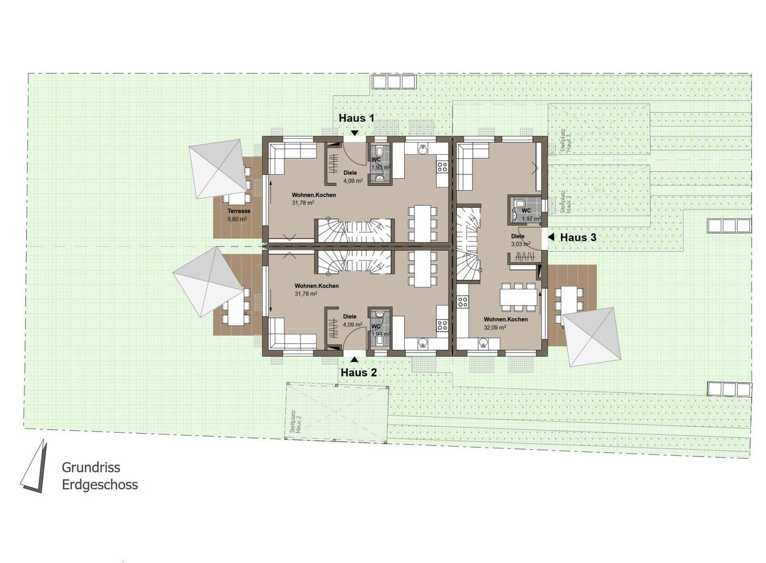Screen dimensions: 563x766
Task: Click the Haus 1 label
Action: point(356,118)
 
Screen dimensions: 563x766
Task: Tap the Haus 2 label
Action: point(359,373)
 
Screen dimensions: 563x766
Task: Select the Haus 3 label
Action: point(578,238)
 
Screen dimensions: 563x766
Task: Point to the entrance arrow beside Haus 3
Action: point(551,237)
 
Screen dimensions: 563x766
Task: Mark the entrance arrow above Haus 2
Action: point(354,359)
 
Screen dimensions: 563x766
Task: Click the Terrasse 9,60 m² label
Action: point(238,215)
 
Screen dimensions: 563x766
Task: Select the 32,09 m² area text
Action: point(494,327)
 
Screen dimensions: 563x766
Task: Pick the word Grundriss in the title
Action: point(91,467)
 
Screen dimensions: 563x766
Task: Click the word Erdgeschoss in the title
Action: point(99,484)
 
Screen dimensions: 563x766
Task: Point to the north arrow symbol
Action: point(35,467)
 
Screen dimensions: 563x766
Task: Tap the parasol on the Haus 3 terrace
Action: point(592,337)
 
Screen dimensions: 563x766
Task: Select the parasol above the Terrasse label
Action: point(216,169)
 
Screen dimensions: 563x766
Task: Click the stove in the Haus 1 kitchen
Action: point(442,167)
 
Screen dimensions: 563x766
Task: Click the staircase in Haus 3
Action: point(469,245)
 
